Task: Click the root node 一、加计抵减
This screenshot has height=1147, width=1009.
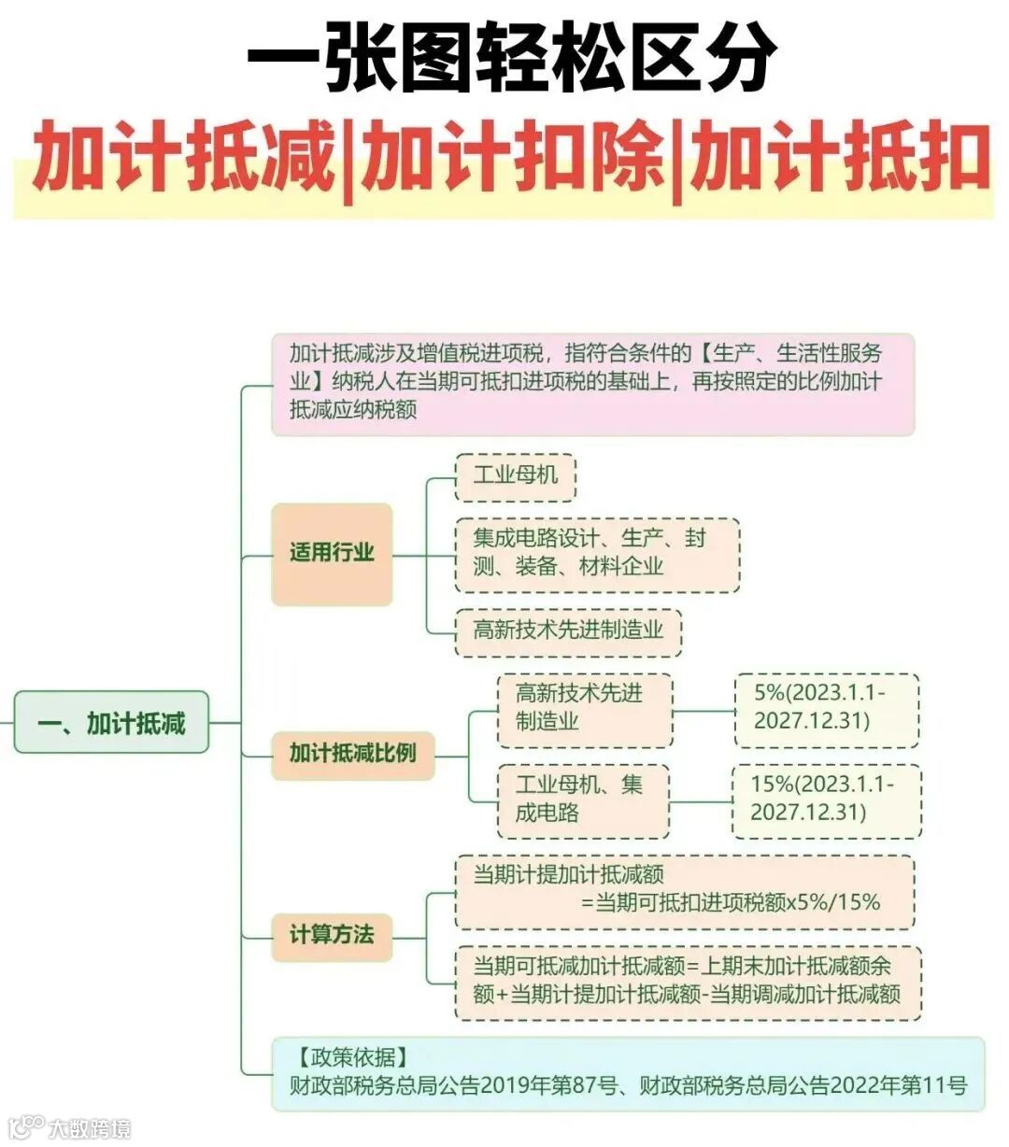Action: click(x=111, y=722)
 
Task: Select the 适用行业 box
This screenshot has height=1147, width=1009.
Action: click(x=332, y=553)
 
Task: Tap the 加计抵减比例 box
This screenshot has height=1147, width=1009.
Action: click(x=352, y=754)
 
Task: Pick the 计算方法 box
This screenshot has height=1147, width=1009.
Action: click(x=332, y=934)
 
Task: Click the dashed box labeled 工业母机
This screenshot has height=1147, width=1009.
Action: click(x=515, y=475)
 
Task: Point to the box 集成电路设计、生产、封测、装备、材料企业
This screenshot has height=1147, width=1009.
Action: click(x=597, y=554)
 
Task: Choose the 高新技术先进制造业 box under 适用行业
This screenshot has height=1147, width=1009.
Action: click(x=568, y=630)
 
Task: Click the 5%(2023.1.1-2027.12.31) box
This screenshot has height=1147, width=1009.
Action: click(x=826, y=708)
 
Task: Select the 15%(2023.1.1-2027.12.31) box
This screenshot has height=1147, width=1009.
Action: click(x=826, y=799)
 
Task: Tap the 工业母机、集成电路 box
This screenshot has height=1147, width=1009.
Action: click(x=582, y=799)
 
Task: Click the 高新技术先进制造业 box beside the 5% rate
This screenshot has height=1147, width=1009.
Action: click(x=584, y=708)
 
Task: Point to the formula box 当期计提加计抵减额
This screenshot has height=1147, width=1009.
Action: click(x=684, y=889)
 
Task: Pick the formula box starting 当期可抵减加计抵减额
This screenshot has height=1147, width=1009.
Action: click(x=688, y=981)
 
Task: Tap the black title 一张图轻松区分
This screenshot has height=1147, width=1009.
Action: click(x=511, y=58)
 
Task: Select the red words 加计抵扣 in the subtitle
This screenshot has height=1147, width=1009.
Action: click(x=838, y=159)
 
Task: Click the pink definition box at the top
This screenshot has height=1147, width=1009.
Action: click(x=592, y=383)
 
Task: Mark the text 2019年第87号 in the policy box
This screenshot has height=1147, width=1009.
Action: click(x=550, y=1086)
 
